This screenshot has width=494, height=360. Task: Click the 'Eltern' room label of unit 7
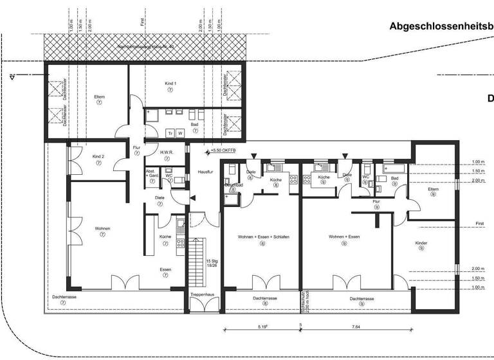click(x=99, y=96)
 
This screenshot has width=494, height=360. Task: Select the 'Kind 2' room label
click(x=98, y=157)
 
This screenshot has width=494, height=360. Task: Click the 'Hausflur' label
click(x=205, y=172)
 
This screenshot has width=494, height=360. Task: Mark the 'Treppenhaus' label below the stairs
click(x=201, y=294)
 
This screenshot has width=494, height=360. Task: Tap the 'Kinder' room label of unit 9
click(x=421, y=243)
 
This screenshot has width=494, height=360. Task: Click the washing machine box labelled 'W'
click(x=181, y=132)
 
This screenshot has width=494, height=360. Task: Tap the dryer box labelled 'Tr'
click(x=170, y=132)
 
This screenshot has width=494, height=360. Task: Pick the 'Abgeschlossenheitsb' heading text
click(x=441, y=27)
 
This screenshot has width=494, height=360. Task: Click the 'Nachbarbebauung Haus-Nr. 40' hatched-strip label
click(x=145, y=46)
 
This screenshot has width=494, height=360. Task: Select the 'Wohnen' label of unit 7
click(x=103, y=229)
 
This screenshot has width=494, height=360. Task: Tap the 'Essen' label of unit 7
click(x=165, y=270)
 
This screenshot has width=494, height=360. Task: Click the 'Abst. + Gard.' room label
click(x=152, y=174)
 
